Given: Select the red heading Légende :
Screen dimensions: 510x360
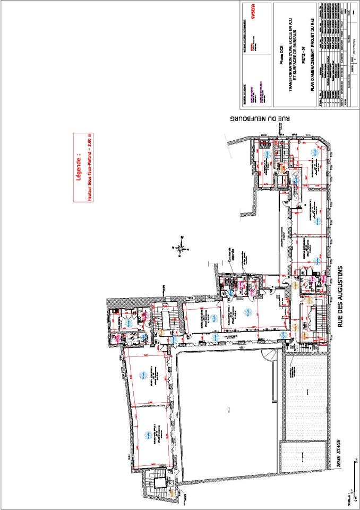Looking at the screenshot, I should (78, 168).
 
